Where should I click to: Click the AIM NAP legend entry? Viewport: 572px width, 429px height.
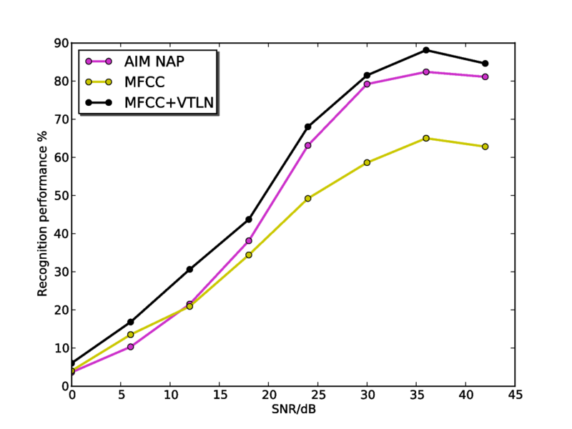(154, 61)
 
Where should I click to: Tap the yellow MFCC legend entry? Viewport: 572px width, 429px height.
(145, 82)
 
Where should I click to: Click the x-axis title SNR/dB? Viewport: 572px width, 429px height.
(293, 410)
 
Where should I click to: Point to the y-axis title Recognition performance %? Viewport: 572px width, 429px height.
(43, 214)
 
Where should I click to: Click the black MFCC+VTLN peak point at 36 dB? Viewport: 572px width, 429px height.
(426, 50)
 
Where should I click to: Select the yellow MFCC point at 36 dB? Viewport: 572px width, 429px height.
(426, 138)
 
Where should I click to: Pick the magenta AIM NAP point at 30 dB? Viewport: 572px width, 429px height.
(367, 84)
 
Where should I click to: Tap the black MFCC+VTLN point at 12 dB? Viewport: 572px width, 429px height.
(189, 270)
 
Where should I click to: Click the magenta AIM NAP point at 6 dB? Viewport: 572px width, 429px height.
(131, 347)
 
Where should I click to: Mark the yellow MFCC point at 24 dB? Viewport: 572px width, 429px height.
(308, 198)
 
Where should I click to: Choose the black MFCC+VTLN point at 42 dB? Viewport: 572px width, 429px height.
(485, 64)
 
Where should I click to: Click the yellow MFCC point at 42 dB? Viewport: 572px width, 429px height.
(485, 147)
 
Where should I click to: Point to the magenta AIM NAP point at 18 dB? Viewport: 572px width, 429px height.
(249, 241)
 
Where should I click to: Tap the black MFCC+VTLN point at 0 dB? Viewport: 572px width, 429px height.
(72, 363)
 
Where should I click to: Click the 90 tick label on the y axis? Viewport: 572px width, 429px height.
(60, 44)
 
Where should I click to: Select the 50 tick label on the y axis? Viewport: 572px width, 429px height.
(60, 196)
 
